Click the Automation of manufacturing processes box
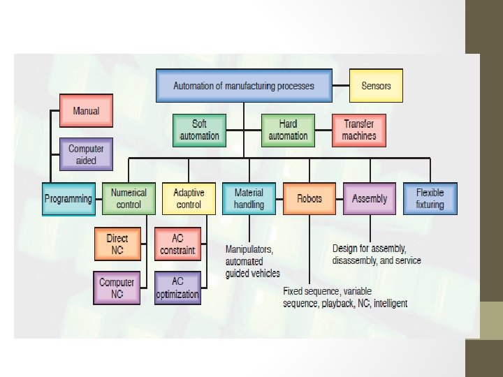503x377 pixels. [244, 86]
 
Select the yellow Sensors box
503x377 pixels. [376, 86]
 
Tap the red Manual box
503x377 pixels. [86, 110]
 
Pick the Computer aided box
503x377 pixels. [86, 154]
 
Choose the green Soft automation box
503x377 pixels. [199, 130]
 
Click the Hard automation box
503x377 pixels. [288, 130]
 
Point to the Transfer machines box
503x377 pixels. [358, 130]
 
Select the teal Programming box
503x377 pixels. [68, 198]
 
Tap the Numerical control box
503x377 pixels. [128, 198]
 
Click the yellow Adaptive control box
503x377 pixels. [189, 198]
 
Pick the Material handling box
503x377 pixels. [249, 198]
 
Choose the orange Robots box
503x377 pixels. [309, 198]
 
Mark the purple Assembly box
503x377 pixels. [370, 198]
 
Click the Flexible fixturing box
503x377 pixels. [430, 198]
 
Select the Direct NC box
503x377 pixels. [117, 244]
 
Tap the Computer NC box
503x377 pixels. [117, 288]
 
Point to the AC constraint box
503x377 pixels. [177, 244]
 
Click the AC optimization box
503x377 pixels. [177, 288]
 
